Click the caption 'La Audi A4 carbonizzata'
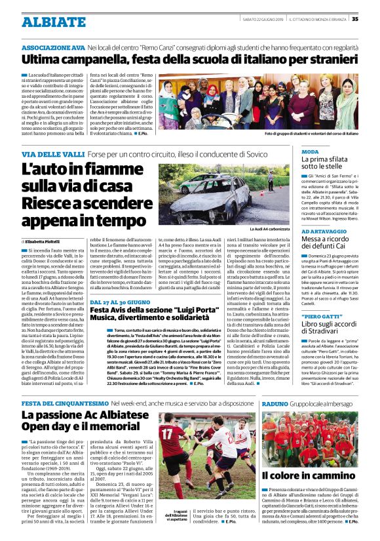pos(269,230)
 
